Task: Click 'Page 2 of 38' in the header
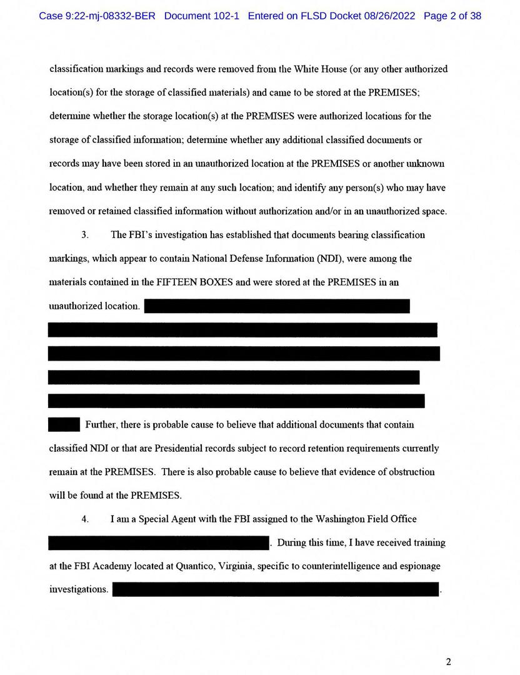point(452,16)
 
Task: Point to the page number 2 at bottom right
point(448,662)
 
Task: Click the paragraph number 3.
point(84,235)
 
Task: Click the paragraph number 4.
point(84,519)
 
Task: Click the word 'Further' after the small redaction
point(102,425)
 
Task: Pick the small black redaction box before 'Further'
point(64,424)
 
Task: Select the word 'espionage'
point(419,566)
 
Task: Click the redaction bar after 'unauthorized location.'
point(276,306)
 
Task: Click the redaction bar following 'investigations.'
point(275,589)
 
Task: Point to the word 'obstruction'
point(410,472)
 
